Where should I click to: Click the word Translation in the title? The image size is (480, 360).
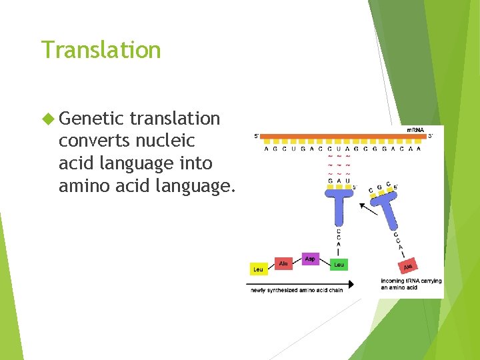(x=101, y=50)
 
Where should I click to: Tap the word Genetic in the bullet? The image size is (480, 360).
(x=92, y=119)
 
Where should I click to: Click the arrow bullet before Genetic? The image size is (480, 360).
(x=47, y=119)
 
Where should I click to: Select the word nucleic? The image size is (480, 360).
(x=165, y=141)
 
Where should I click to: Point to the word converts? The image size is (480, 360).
(x=95, y=141)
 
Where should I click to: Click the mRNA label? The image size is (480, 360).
(x=415, y=129)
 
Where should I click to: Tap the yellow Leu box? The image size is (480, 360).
(x=257, y=269)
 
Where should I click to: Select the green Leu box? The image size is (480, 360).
(x=338, y=265)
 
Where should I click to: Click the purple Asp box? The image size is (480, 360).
(x=310, y=258)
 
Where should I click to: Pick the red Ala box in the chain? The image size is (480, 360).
(x=283, y=264)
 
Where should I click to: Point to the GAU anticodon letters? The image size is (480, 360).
(x=339, y=181)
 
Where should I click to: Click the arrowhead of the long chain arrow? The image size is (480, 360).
(x=351, y=283)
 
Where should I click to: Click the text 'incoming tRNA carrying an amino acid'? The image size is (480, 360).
(x=411, y=284)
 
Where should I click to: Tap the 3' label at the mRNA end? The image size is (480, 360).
(x=431, y=136)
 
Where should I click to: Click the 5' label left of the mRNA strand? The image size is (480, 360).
(x=257, y=136)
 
